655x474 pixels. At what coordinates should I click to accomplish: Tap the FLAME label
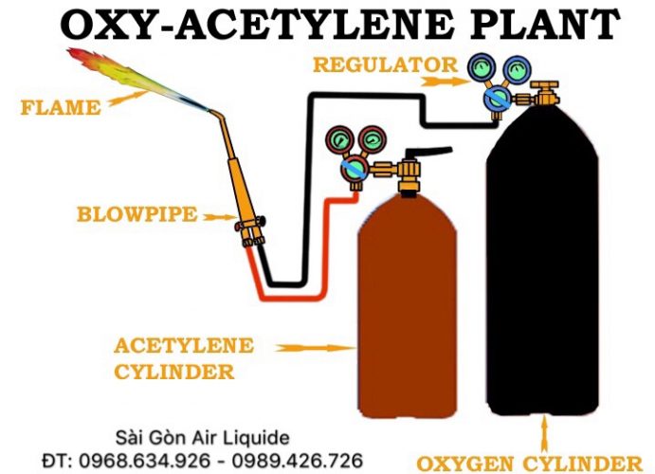coord(60,107)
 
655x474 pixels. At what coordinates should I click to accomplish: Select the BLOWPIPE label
coord(137,215)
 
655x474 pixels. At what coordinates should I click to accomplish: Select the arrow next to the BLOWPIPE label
coord(219,217)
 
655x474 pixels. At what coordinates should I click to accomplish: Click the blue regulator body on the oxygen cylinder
coord(496,97)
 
